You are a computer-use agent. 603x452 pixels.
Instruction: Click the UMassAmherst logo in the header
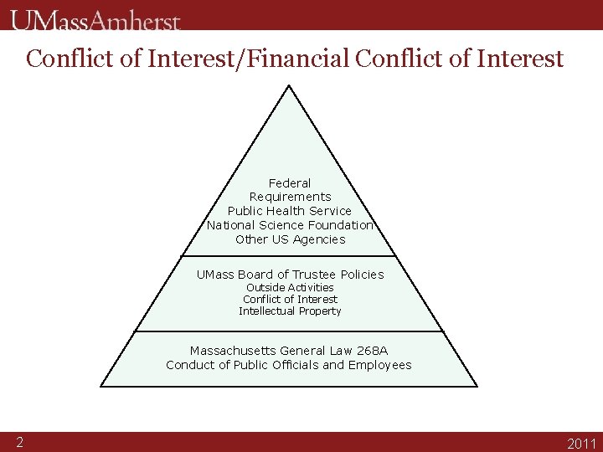pyautogui.click(x=95, y=20)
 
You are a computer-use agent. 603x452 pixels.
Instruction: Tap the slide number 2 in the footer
pyautogui.click(x=18, y=442)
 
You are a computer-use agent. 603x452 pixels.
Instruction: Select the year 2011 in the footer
pyautogui.click(x=582, y=444)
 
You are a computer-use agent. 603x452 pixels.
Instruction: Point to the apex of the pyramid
pyautogui.click(x=288, y=85)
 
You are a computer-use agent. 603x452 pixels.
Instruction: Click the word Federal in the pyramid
pyautogui.click(x=290, y=183)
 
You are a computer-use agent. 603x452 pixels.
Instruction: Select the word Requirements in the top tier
pyautogui.click(x=290, y=197)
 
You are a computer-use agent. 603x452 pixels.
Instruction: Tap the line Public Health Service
pyautogui.click(x=290, y=211)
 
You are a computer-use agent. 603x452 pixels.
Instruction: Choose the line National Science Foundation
pyautogui.click(x=290, y=225)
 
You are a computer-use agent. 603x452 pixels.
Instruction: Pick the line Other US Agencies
pyautogui.click(x=290, y=239)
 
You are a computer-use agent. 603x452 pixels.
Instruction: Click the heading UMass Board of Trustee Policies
pyautogui.click(x=290, y=275)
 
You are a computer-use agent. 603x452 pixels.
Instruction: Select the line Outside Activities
pyautogui.click(x=290, y=288)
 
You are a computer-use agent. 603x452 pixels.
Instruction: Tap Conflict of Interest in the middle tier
pyautogui.click(x=290, y=300)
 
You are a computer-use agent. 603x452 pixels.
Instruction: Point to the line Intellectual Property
pyautogui.click(x=290, y=311)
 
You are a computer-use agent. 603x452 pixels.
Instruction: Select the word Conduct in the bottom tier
pyautogui.click(x=188, y=365)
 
